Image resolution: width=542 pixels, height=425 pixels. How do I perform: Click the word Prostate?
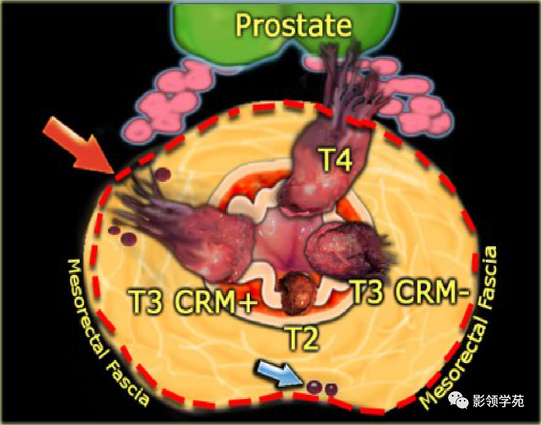[293, 25]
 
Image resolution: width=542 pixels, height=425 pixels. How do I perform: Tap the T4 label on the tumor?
[336, 159]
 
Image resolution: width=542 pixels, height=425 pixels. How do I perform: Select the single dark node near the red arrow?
[164, 173]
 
